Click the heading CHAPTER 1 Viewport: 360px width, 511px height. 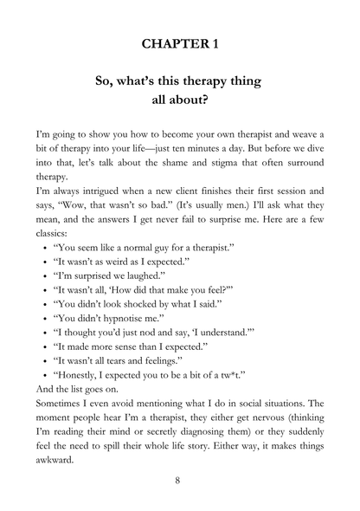tap(180, 42)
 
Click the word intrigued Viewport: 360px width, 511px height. tap(110, 192)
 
